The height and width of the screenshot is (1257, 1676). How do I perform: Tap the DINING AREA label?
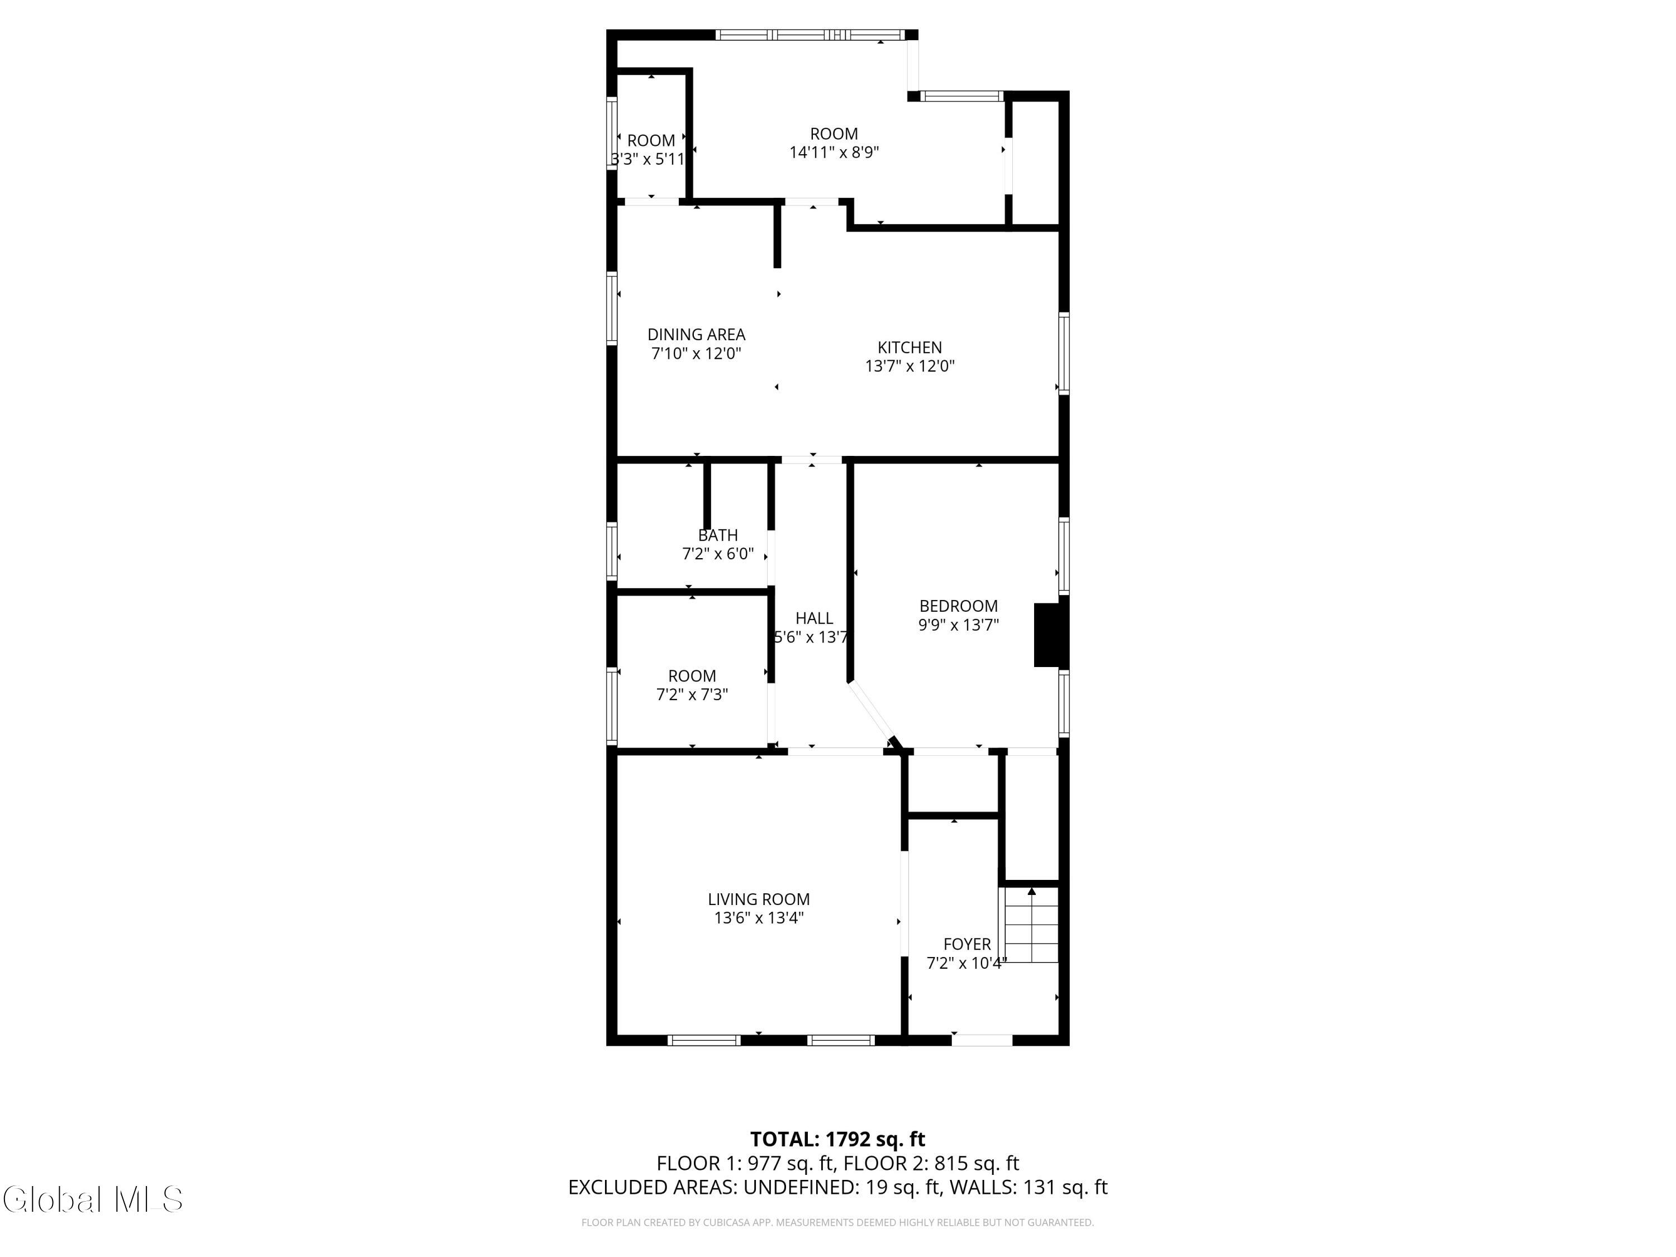tap(696, 334)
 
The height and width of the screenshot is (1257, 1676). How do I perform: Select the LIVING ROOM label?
tap(759, 899)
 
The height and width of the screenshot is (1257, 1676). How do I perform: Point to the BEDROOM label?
tap(959, 606)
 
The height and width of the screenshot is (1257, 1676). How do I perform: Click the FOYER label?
tap(967, 944)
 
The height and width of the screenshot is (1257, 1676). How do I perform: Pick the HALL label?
tap(815, 618)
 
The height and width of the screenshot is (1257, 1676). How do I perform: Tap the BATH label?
tap(717, 536)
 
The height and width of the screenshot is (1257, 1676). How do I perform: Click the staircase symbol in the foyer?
tap(1030, 925)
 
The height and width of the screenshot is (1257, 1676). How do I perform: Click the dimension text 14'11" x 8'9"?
tap(834, 153)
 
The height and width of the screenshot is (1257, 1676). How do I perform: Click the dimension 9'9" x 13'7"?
tap(959, 625)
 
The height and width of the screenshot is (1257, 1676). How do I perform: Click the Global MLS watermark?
tap(92, 1199)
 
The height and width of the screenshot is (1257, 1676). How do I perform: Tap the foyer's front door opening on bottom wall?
tap(982, 1040)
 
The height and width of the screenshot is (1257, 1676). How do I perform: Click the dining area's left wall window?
tap(611, 308)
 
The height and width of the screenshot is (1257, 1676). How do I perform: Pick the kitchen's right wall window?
tap(1064, 353)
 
